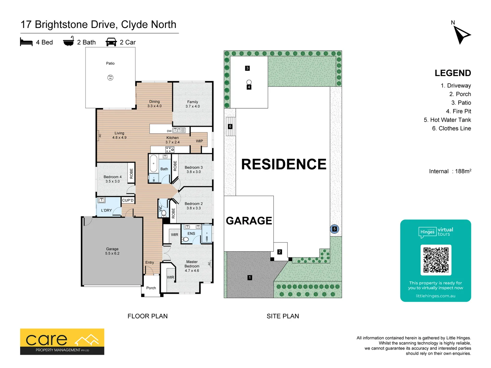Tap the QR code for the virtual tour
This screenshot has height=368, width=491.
(436, 260)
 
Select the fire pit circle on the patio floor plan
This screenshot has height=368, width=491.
(110, 78)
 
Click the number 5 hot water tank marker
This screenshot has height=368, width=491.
(334, 229)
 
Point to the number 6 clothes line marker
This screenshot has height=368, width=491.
(230, 126)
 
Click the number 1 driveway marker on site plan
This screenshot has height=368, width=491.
(250, 278)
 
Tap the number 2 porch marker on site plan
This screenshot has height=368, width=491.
(280, 252)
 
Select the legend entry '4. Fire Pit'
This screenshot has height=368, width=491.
(458, 111)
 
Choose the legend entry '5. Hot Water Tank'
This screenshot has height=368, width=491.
(447, 120)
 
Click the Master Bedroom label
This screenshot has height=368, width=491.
(192, 266)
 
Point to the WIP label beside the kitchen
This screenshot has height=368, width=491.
(199, 141)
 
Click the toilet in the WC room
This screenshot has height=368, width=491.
(164, 213)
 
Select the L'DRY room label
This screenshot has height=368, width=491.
(106, 211)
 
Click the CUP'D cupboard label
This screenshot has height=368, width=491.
(128, 200)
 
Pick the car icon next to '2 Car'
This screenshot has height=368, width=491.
(111, 42)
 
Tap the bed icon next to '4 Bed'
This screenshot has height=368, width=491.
(26, 42)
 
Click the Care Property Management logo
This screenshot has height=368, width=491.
(62, 341)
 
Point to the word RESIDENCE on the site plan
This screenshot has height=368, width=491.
(284, 164)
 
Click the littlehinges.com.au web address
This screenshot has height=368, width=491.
(435, 296)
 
